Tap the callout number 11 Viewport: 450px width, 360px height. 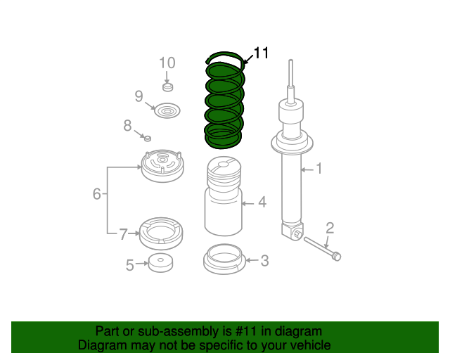pyautogui.click(x=261, y=53)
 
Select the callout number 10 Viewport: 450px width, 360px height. pyautogui.click(x=167, y=63)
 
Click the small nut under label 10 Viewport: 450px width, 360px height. pyautogui.click(x=168, y=87)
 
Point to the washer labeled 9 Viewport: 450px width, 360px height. pyautogui.click(x=167, y=110)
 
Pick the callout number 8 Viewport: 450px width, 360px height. pyautogui.click(x=128, y=125)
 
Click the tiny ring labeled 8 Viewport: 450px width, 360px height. pyautogui.click(x=148, y=139)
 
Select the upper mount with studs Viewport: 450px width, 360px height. pyautogui.click(x=162, y=166)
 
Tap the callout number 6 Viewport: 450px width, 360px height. pyautogui.click(x=97, y=194)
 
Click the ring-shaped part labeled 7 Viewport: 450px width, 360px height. pyautogui.click(x=161, y=233)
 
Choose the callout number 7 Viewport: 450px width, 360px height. pyautogui.click(x=124, y=234)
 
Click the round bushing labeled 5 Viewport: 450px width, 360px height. pyautogui.click(x=161, y=263)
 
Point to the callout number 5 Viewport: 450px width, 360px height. pyautogui.click(x=129, y=265)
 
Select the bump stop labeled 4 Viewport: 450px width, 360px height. pyautogui.click(x=224, y=196)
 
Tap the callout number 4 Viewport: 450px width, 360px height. pyautogui.click(x=262, y=202)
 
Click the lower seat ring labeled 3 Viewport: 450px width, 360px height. pyautogui.click(x=224, y=259)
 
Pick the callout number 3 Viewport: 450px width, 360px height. pyautogui.click(x=264, y=261)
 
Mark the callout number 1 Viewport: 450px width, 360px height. pyautogui.click(x=319, y=169)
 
